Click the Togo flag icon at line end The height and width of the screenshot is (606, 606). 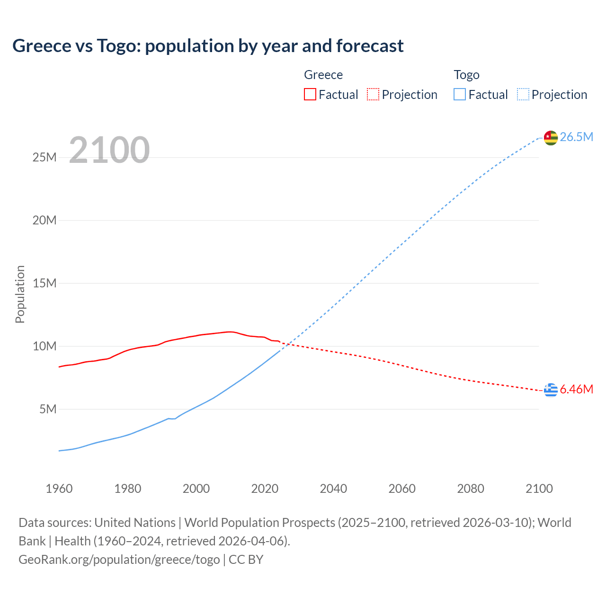551,137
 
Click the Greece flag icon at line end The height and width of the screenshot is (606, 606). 551,390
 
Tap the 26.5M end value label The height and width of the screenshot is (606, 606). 576,137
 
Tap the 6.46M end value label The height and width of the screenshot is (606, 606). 576,390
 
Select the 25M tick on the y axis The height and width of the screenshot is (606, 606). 45,158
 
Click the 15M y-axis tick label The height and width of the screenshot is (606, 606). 45,284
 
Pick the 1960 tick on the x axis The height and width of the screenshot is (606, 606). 59,489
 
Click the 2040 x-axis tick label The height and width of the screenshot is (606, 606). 333,489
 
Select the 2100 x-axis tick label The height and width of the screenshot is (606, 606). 539,489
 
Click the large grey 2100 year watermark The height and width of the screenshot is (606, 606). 109,150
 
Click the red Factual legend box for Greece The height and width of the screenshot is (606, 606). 310,95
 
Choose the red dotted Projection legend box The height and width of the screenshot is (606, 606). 373,95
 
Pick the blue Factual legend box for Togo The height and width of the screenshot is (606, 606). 460,95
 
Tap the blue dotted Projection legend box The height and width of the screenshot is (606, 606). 523,95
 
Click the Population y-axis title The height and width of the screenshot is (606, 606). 20,294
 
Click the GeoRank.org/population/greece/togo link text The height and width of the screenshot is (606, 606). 119,560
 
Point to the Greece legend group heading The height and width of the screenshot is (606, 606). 323,75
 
